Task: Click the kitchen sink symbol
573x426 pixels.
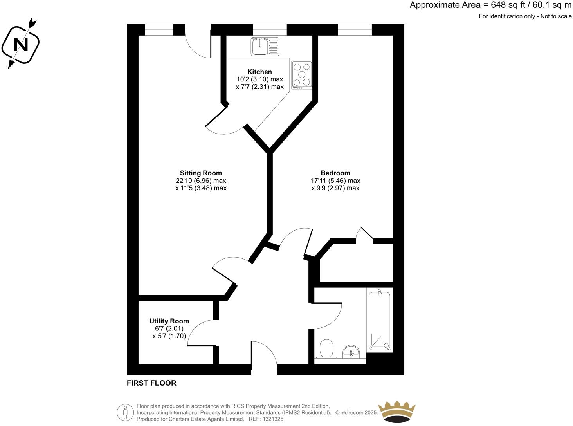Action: (x=265, y=46)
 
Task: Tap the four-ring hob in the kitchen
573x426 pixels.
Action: (x=302, y=75)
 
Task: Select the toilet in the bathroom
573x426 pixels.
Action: (x=326, y=348)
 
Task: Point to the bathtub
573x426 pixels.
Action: (x=379, y=320)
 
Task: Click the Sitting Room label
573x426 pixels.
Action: (x=201, y=173)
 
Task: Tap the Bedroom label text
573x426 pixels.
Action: (x=335, y=173)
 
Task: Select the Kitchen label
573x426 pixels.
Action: (x=259, y=72)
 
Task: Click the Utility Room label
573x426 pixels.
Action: (x=169, y=321)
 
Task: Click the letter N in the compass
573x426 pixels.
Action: (x=21, y=45)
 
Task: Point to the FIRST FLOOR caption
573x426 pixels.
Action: (x=151, y=383)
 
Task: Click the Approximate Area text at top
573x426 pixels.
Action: (x=490, y=5)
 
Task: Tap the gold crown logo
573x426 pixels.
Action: (x=397, y=412)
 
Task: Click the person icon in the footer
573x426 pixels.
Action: (x=125, y=412)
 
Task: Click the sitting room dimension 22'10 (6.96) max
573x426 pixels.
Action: (x=201, y=181)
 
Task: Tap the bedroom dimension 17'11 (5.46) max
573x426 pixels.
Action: (x=335, y=181)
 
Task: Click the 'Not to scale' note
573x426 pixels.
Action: (x=555, y=16)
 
